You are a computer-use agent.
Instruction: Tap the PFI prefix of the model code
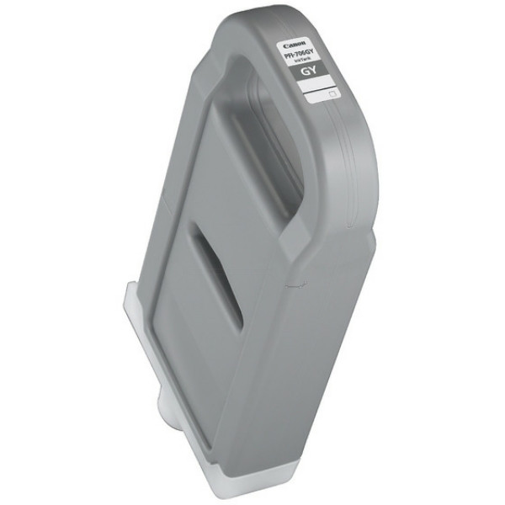tap(290, 56)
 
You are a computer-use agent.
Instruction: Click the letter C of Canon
tap(284, 45)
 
